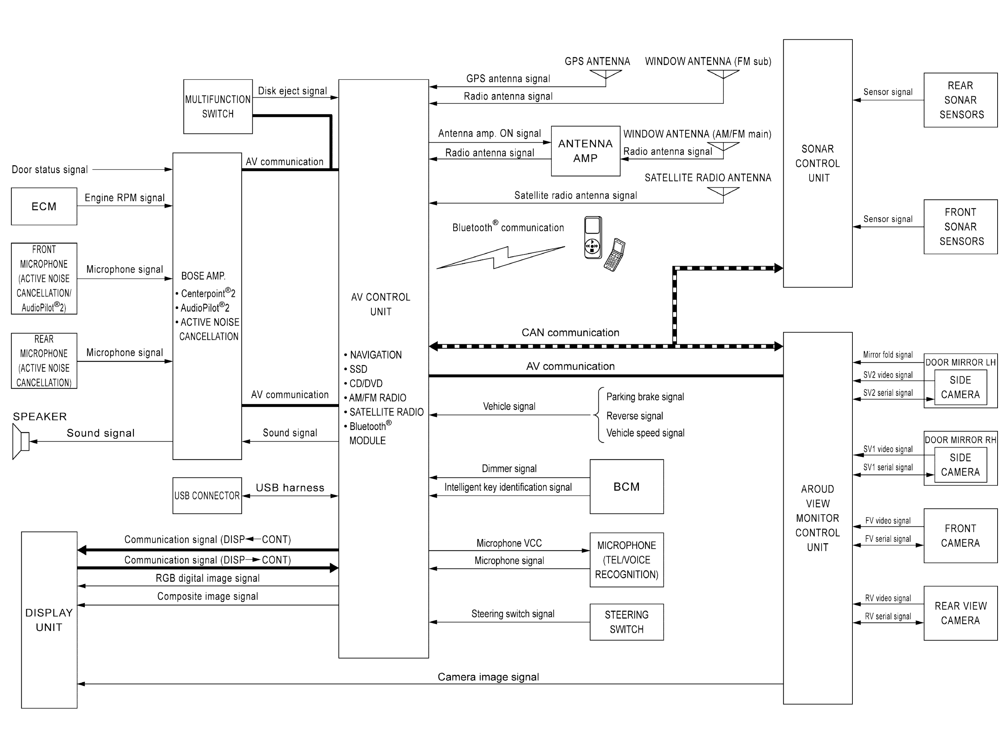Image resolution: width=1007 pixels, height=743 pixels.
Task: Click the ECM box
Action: point(44,207)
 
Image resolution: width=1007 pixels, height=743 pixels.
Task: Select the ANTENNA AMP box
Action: point(585,151)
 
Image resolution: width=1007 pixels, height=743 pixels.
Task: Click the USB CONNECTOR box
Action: point(207,496)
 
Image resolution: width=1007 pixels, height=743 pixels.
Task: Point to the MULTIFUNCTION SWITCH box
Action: point(218,107)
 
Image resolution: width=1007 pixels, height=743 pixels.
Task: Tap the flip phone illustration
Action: point(615,255)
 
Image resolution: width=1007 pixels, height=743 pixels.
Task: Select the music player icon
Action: point(593,238)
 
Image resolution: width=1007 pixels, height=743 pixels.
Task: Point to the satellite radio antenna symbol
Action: point(723,191)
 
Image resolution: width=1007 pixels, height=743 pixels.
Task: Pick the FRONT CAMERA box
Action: point(960,536)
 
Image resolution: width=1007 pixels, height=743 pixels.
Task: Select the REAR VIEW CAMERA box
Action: point(960,613)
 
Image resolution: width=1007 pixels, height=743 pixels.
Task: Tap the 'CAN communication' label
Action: point(570,333)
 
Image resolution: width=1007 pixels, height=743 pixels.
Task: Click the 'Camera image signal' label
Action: point(488,677)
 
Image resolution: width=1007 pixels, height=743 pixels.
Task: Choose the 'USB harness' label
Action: point(290,488)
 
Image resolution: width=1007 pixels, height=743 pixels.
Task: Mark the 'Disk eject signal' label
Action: point(292,91)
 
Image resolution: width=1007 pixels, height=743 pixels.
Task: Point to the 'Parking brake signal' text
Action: point(644,397)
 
